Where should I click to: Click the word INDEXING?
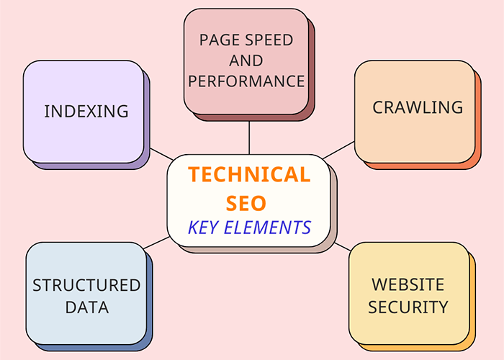86,112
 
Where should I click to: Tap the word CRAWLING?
417,107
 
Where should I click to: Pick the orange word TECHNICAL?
249,174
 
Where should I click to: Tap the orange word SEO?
249,202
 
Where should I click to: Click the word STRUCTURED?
86,285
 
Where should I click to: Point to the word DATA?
86,307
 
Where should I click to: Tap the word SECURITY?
408,307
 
